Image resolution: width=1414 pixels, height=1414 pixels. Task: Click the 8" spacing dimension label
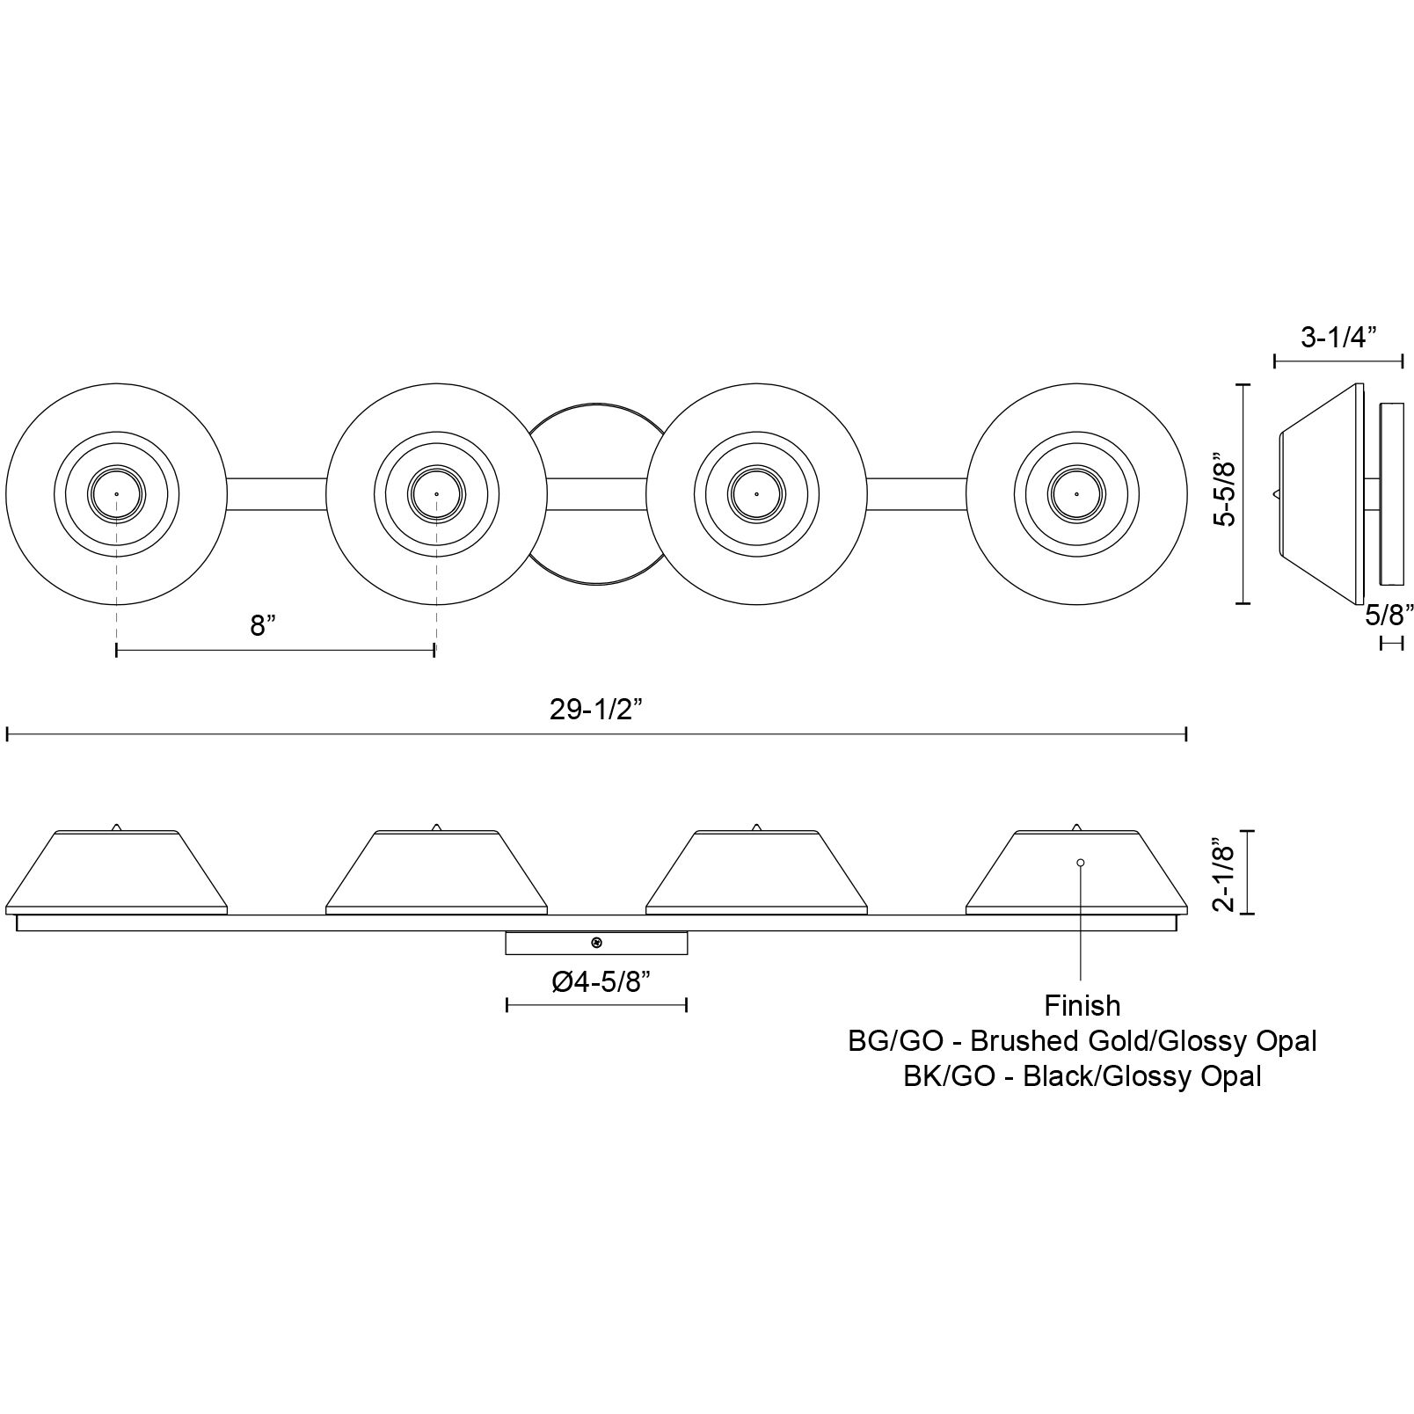(x=263, y=626)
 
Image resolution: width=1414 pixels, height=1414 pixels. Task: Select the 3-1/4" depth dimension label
(x=1337, y=337)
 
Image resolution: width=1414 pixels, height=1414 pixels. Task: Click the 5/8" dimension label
(x=1389, y=615)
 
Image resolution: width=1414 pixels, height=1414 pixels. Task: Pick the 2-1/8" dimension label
(x=1225, y=875)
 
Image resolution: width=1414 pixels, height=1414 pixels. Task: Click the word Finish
(x=1082, y=1005)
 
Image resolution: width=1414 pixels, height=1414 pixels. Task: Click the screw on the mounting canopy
(x=596, y=944)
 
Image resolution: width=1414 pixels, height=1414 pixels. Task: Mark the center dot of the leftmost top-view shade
(x=116, y=494)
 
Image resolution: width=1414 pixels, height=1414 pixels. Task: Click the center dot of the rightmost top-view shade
(x=1075, y=494)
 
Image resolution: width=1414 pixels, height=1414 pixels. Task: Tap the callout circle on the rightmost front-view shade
(x=1080, y=863)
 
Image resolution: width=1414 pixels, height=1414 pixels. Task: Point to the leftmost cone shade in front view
(x=116, y=873)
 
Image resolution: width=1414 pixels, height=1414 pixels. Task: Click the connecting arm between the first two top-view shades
(x=277, y=493)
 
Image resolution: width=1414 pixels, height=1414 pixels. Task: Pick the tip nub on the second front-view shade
(x=436, y=827)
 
